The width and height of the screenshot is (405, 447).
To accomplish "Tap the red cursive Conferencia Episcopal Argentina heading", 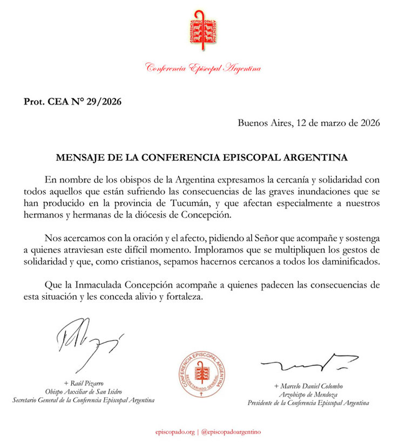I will [x=203, y=69].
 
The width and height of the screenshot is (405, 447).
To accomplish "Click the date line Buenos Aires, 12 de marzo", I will [x=309, y=122].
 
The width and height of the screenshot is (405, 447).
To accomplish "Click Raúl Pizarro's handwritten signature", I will [x=86, y=339].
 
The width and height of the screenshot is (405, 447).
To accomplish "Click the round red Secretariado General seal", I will [x=203, y=374].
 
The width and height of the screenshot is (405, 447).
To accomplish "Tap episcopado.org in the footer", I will [x=174, y=432].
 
